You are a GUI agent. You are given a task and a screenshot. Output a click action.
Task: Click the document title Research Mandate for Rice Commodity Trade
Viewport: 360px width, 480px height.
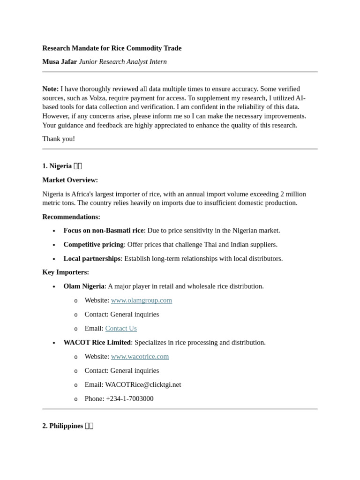112,48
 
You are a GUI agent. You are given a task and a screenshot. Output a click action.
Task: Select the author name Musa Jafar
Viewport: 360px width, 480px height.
60,62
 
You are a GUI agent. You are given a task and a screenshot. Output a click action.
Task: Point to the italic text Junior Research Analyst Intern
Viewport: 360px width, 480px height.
123,62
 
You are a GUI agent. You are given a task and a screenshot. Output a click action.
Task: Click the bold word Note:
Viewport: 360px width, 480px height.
51,89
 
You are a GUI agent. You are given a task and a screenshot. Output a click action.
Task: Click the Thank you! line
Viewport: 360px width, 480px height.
59,139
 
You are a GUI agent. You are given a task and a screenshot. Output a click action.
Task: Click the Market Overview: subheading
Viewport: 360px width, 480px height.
70,180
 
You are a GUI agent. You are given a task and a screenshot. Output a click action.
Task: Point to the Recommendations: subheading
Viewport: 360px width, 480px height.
71,217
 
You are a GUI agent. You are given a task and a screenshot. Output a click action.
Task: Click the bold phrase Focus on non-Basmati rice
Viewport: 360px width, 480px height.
104,231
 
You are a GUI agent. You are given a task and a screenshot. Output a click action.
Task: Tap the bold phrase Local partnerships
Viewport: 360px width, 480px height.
92,259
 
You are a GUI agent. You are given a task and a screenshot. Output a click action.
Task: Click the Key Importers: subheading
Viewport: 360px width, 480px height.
66,272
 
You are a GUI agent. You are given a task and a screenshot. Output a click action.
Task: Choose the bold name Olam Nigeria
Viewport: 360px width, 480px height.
84,286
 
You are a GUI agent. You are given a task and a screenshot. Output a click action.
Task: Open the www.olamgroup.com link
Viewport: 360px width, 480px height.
142,300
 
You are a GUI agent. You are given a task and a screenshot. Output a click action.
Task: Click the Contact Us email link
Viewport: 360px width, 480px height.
121,329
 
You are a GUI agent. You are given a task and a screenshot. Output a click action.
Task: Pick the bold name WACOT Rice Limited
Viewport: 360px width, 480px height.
97,343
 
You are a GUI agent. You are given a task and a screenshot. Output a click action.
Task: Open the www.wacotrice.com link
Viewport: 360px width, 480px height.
140,357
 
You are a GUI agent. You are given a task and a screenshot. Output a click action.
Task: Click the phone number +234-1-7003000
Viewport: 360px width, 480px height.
129,399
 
